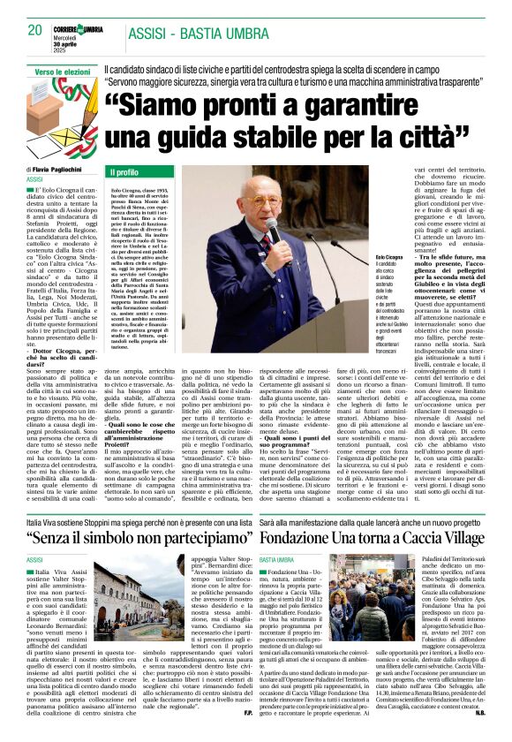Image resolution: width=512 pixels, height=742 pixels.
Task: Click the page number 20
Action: click(x=34, y=30)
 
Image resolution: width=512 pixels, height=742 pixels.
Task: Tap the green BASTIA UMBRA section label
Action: click(x=280, y=536)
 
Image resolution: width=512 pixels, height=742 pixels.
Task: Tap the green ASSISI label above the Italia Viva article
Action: click(x=36, y=536)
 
